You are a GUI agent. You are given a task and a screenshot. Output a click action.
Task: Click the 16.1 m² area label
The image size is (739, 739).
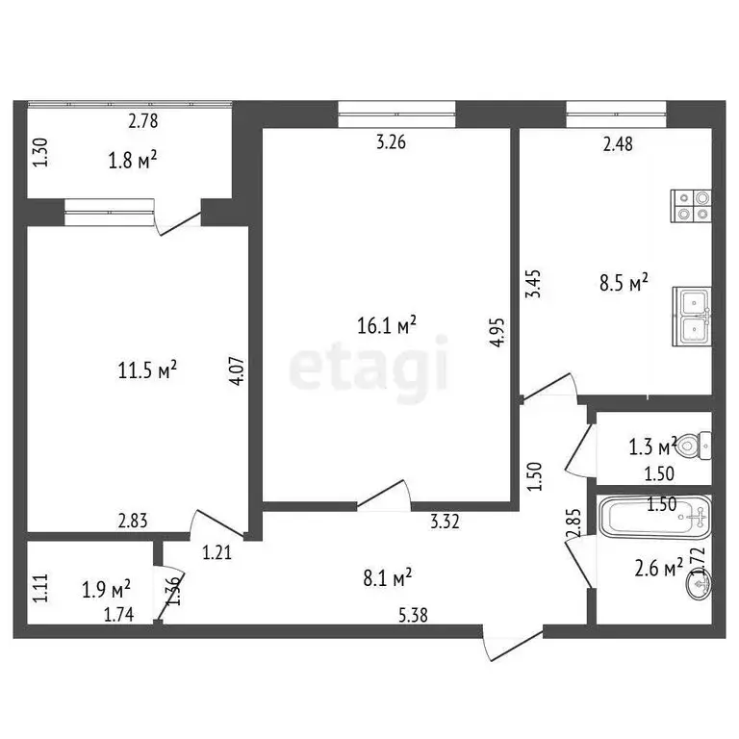click(386, 327)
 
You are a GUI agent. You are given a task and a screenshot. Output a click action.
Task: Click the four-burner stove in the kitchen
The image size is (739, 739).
click(692, 207)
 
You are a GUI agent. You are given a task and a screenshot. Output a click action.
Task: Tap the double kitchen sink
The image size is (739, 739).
click(692, 316)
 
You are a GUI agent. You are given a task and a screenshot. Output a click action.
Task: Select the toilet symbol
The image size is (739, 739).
click(695, 446)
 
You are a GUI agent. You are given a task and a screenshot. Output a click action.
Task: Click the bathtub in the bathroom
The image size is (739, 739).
click(654, 520)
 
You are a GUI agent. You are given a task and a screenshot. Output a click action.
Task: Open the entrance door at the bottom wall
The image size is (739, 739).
click(513, 644)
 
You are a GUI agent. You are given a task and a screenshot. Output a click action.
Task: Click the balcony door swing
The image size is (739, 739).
click(177, 221)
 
